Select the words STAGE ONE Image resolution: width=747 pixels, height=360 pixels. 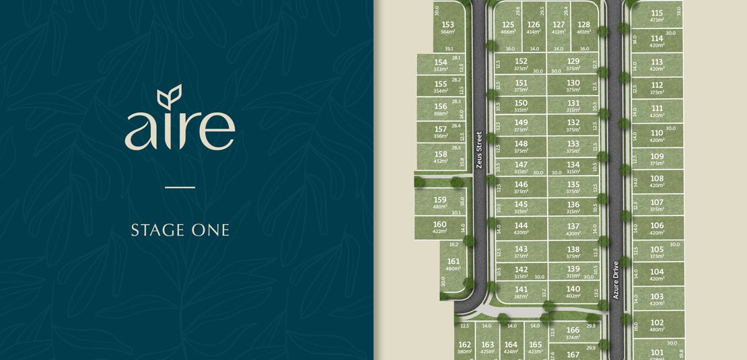(180, 230)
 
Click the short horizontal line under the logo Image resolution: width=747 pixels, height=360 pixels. (180, 187)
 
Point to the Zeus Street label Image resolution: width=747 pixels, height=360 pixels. (479, 149)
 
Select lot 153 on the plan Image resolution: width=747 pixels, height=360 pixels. (448, 28)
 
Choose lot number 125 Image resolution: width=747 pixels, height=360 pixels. (508, 27)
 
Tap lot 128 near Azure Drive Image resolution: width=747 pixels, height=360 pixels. (583, 27)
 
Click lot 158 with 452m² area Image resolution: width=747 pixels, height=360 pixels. (441, 157)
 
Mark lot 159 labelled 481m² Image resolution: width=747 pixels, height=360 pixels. (439, 203)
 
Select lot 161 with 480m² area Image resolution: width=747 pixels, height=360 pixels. (454, 264)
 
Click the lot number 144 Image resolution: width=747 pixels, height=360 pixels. (521, 228)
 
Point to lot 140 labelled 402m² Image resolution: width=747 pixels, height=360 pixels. (573, 292)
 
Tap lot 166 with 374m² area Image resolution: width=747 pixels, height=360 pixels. (573, 332)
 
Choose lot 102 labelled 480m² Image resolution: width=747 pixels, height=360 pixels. (657, 325)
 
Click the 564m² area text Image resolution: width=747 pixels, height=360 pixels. (448, 32)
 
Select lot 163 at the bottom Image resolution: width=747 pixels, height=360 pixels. (487, 347)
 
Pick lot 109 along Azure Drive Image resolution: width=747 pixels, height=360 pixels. (657, 159)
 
